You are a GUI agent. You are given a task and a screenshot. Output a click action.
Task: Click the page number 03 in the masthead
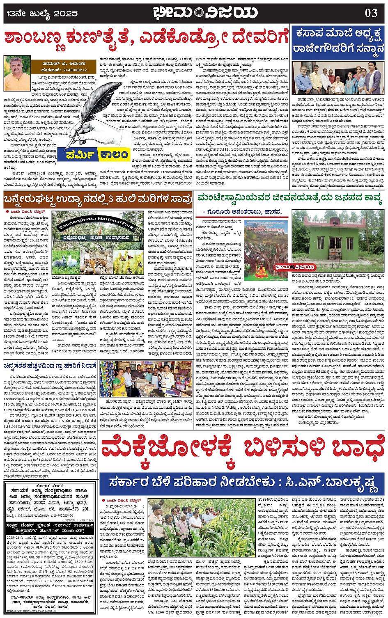tap(371, 13)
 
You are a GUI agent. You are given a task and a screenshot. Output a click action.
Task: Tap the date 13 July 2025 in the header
tap(42, 14)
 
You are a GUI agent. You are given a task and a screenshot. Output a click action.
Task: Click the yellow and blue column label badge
tap(98, 155)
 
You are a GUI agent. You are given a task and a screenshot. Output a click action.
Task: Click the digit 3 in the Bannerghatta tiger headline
tap(112, 199)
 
